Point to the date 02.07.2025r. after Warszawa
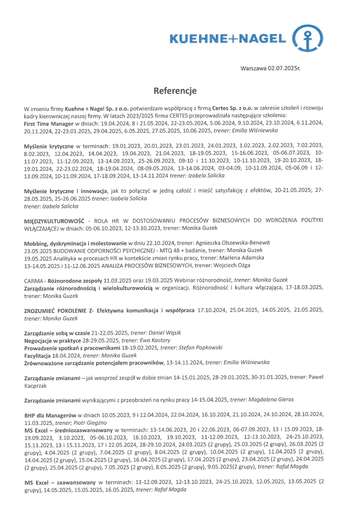point(284,69)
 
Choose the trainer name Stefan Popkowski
point(195,348)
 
